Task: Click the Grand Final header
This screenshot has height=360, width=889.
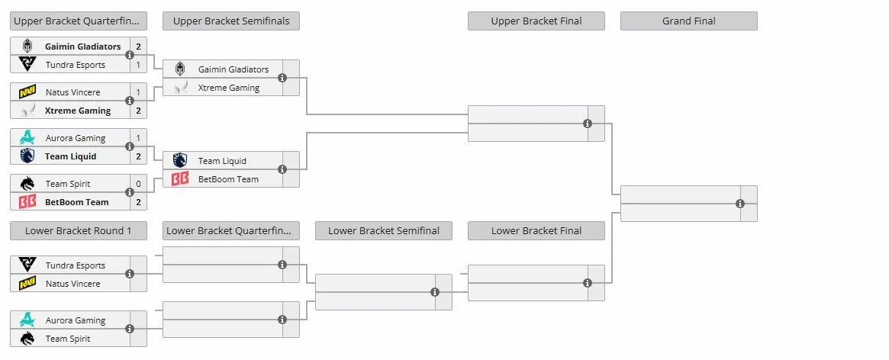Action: click(689, 21)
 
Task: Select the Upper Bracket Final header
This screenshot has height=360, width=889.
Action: click(536, 21)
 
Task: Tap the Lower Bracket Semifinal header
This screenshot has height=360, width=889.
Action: click(384, 231)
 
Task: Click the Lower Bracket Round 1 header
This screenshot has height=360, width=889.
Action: click(79, 231)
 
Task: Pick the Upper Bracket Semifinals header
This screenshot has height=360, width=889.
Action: click(231, 21)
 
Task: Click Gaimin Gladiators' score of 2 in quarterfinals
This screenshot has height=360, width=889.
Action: click(138, 47)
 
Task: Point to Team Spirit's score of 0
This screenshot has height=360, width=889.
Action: click(138, 184)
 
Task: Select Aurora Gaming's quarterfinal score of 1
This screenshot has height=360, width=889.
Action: click(138, 138)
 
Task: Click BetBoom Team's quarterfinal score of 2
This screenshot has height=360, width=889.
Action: click(138, 202)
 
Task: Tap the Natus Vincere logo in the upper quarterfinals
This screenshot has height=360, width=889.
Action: click(27, 92)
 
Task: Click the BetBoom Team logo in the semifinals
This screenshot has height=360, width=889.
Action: click(180, 179)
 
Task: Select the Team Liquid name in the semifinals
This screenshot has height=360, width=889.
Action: click(222, 161)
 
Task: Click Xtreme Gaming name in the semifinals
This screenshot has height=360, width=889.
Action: click(229, 88)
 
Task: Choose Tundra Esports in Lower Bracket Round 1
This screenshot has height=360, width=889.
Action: click(76, 265)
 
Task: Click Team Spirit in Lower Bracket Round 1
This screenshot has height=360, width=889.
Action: click(68, 339)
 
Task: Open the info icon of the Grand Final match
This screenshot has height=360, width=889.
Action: click(740, 204)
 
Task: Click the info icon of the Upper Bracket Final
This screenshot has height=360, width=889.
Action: click(588, 124)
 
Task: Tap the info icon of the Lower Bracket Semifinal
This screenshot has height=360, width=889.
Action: click(435, 292)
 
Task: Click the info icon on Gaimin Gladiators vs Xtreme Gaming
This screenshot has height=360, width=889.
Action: click(282, 78)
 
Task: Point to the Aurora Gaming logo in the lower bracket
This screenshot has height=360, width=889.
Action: click(27, 320)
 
